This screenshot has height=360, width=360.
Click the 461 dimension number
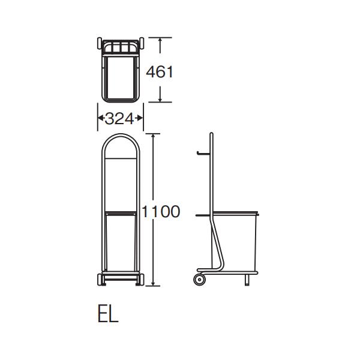coord(160,71)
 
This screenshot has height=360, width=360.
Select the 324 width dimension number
coord(119,119)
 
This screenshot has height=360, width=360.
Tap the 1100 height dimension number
coord(161,211)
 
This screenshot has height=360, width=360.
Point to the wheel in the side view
coord(199,280)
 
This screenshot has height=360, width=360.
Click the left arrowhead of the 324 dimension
coord(100,118)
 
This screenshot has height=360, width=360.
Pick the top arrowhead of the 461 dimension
coord(160,40)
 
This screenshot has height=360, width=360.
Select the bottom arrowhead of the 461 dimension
coord(160,99)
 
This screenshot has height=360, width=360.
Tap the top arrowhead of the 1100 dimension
coord(153,136)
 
